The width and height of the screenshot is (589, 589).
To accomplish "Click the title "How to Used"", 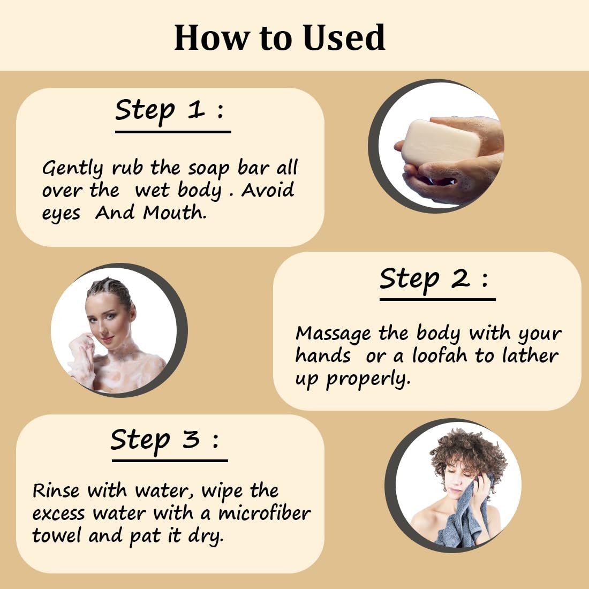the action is [x=280, y=37].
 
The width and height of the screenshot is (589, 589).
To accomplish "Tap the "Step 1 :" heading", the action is [x=169, y=111].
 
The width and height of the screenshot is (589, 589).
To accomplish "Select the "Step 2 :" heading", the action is [x=434, y=279].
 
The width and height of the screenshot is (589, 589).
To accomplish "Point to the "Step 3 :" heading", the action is [x=164, y=440].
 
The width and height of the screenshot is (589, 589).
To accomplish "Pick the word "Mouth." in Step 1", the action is [x=175, y=213].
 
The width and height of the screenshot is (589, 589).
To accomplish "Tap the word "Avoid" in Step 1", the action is [x=267, y=190].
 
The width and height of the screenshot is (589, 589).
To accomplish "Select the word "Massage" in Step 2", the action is [x=333, y=333].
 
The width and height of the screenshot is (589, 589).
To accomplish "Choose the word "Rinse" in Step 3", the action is [x=56, y=490].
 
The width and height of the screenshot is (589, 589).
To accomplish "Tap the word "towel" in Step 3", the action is [x=56, y=535].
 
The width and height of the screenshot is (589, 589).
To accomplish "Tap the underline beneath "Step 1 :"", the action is [x=173, y=132].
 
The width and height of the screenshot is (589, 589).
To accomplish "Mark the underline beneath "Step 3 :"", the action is [x=170, y=460].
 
